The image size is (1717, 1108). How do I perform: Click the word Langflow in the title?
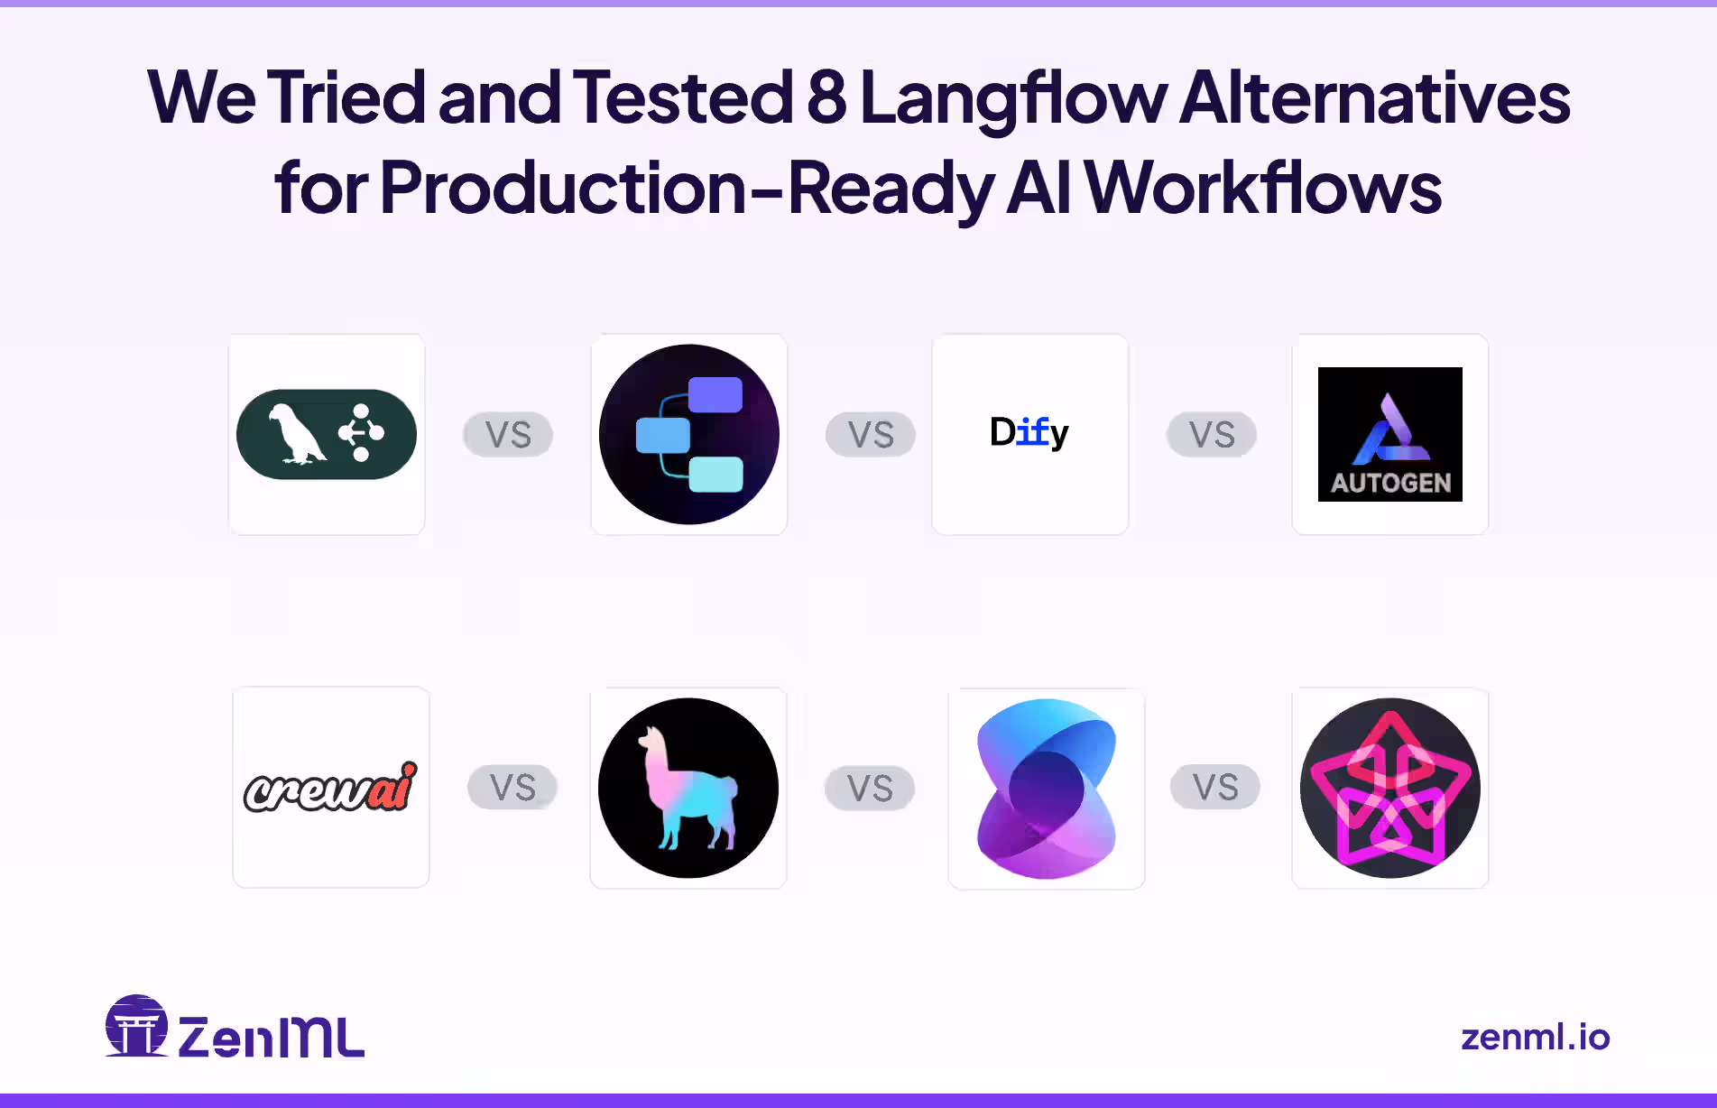(x=1013, y=98)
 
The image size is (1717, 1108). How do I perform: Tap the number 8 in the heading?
(x=826, y=98)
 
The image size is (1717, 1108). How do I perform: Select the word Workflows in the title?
(x=1262, y=189)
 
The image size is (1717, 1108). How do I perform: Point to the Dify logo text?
(x=1029, y=433)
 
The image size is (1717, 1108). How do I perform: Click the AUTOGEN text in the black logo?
(x=1390, y=484)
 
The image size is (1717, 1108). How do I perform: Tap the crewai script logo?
(x=330, y=788)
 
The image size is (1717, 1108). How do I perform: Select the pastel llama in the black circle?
(x=688, y=788)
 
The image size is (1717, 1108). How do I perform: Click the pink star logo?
(x=1389, y=788)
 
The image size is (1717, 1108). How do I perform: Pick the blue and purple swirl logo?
(x=1047, y=788)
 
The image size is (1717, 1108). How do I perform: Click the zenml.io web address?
(x=1535, y=1038)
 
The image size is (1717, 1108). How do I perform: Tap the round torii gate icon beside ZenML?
(x=136, y=1027)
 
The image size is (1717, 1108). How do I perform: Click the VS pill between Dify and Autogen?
(x=1211, y=435)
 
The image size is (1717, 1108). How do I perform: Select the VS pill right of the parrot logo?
(x=508, y=435)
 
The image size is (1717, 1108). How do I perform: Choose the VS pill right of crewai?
(x=512, y=788)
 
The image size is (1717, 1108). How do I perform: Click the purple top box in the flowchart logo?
(x=715, y=395)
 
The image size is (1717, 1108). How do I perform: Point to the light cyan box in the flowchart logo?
(x=716, y=475)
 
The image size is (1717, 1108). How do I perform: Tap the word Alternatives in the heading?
(x=1374, y=98)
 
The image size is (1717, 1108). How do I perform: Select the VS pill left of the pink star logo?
(x=1214, y=788)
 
